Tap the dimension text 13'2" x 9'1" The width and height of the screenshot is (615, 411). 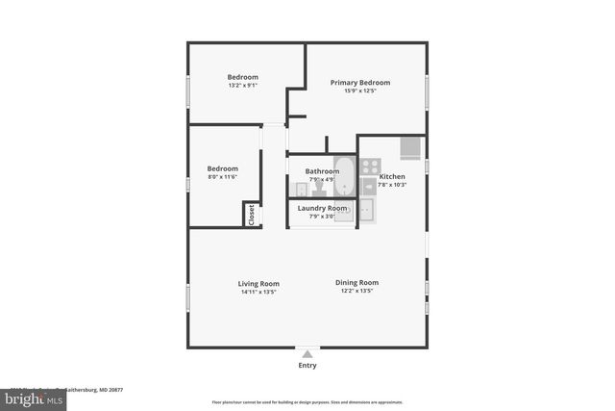[242, 86]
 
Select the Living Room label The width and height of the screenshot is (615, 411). [258, 283]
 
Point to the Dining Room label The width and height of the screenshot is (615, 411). [357, 283]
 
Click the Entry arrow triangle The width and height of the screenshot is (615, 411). [307, 353]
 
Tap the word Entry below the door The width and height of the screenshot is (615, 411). [307, 366]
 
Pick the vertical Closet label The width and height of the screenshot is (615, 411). [252, 215]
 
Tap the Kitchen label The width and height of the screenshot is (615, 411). [392, 177]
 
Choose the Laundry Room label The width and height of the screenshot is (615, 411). [322, 208]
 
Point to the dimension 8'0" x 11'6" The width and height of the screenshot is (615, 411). [222, 176]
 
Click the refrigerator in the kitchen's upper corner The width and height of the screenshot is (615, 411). [410, 146]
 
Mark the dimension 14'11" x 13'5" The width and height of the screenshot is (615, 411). [258, 292]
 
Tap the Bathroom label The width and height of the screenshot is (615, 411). [322, 171]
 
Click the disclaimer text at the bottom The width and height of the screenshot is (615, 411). [307, 402]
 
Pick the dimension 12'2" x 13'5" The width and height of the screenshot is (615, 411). [357, 292]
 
